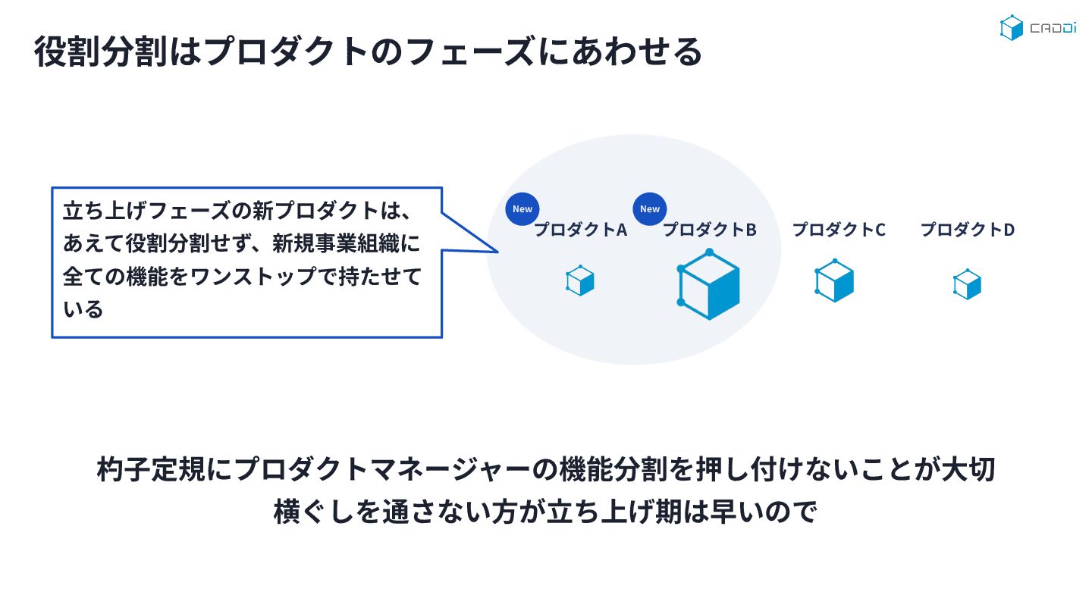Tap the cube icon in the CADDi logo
click(1012, 28)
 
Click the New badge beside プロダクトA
click(522, 209)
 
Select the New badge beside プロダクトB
click(650, 209)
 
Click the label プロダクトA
click(581, 230)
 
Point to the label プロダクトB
click(710, 230)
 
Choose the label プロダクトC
click(839, 229)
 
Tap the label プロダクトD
click(968, 229)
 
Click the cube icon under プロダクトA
click(580, 280)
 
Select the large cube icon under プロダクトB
click(708, 284)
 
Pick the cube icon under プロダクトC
click(834, 281)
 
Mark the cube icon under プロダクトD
click(967, 285)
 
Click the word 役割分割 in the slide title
click(98, 52)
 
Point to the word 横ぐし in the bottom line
click(316, 512)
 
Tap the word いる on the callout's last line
click(83, 309)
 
